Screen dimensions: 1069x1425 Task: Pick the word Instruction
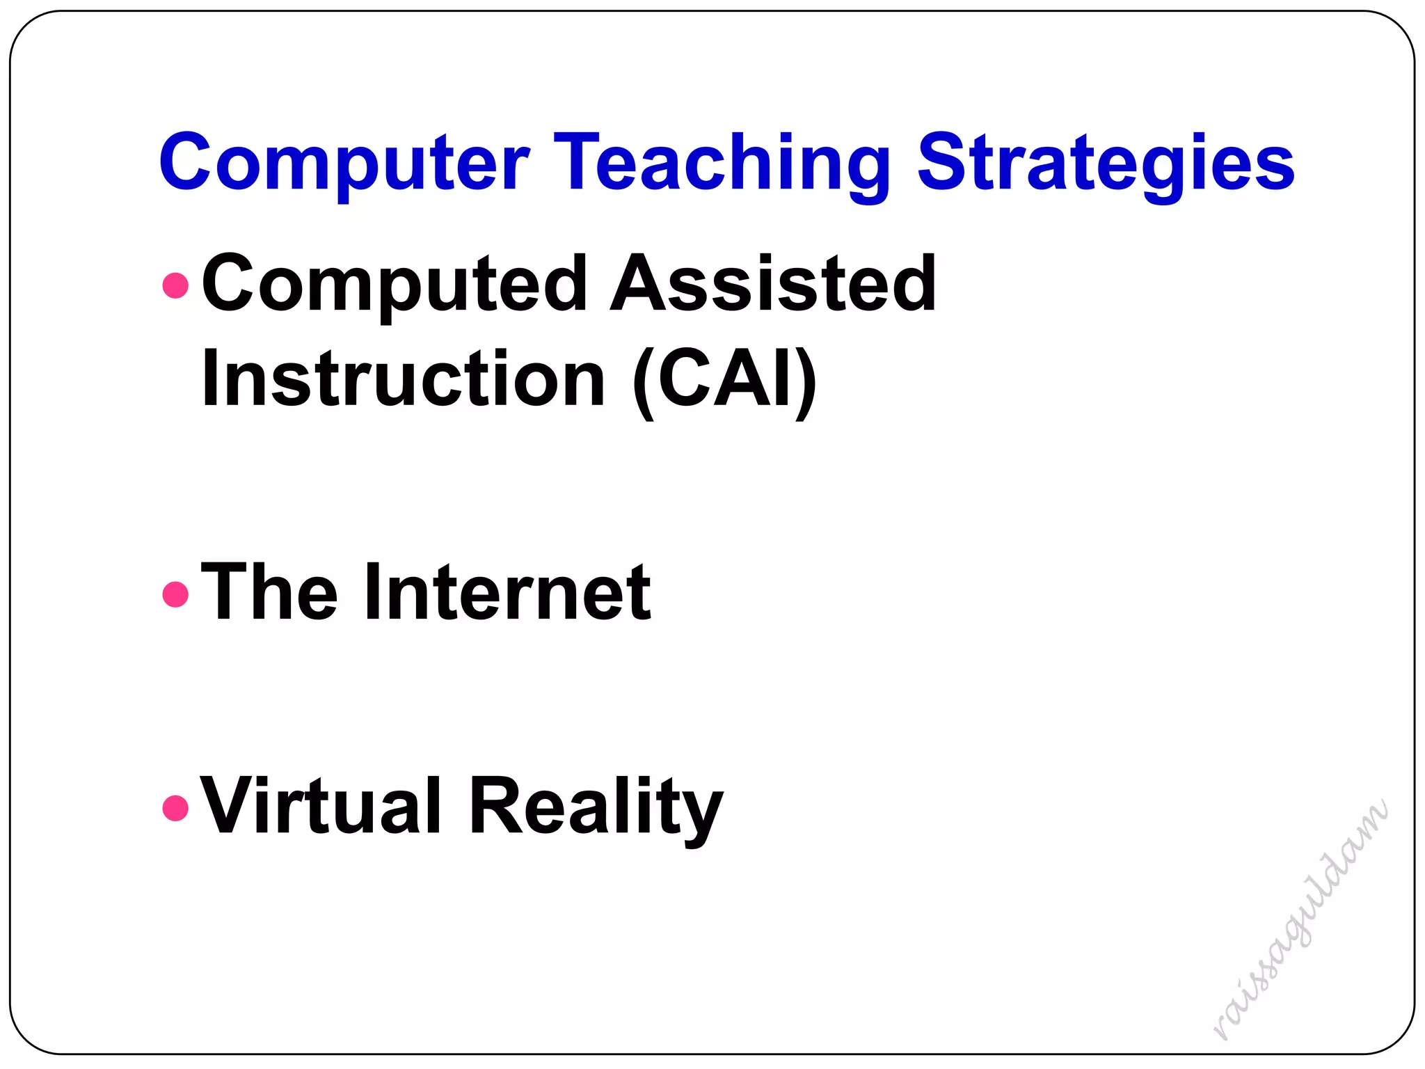click(403, 379)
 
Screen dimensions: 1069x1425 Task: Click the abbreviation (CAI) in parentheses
click(724, 381)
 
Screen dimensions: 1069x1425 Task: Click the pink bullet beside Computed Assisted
click(175, 285)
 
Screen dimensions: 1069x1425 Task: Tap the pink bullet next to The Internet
click(175, 594)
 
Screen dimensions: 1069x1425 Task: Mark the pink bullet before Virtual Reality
click(175, 808)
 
